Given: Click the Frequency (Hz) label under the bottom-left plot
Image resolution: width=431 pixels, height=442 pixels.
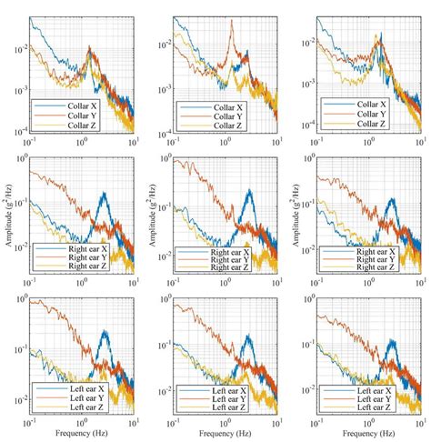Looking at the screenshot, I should coord(84,435).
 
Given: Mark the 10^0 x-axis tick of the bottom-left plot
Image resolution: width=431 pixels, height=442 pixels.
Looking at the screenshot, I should coord(84,423).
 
